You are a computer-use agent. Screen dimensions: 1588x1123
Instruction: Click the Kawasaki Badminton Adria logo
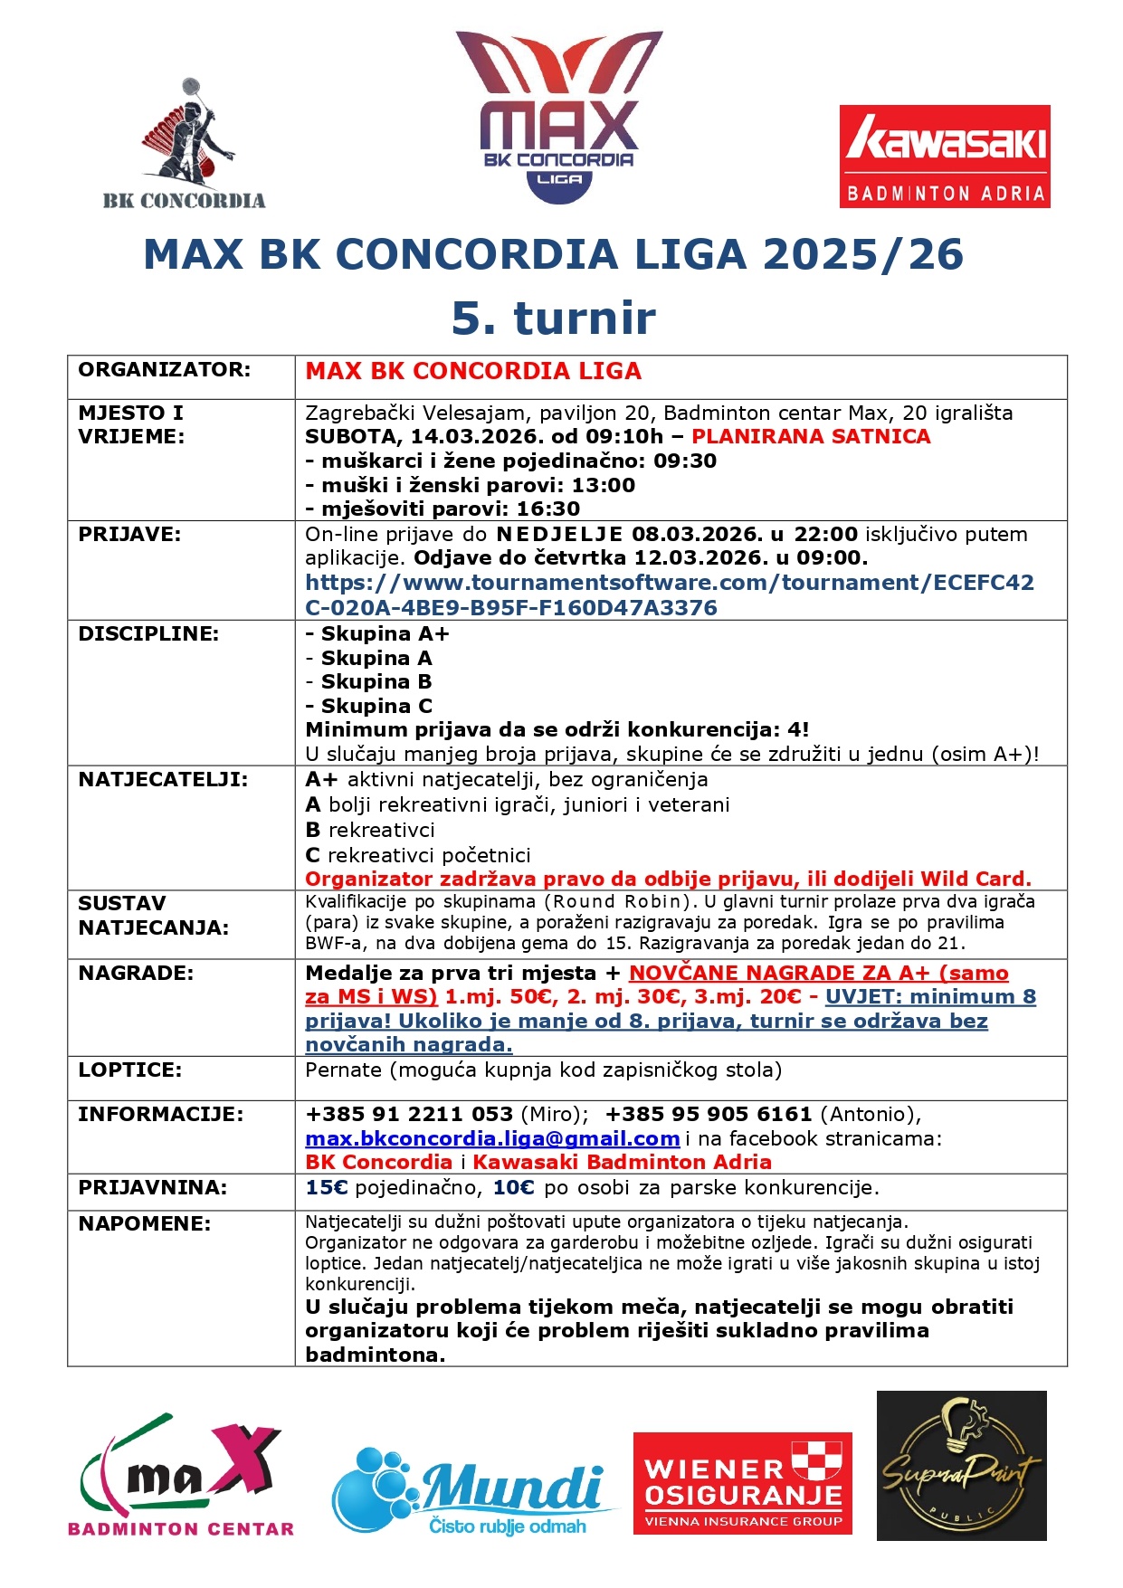click(x=944, y=157)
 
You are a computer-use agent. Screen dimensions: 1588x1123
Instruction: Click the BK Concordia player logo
click(x=185, y=145)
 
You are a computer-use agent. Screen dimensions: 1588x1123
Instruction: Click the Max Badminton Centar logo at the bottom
click(x=181, y=1477)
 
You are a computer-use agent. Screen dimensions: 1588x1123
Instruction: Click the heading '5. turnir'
click(x=553, y=318)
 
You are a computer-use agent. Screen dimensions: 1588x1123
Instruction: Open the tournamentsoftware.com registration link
click(x=669, y=594)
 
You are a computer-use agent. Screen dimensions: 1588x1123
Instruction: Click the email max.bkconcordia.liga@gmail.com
click(x=492, y=1138)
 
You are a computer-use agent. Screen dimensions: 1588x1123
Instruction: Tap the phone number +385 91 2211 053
click(x=409, y=1114)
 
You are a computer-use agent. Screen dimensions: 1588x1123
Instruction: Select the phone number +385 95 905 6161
click(x=708, y=1114)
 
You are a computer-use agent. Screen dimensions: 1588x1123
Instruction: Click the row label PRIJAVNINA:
click(x=144, y=1187)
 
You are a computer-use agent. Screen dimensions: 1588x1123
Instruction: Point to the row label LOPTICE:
click(x=129, y=1070)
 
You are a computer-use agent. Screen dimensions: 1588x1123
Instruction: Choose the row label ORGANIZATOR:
click(x=164, y=369)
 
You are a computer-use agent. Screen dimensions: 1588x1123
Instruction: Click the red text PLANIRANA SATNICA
click(x=811, y=436)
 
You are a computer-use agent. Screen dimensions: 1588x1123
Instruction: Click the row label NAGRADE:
click(x=136, y=973)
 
